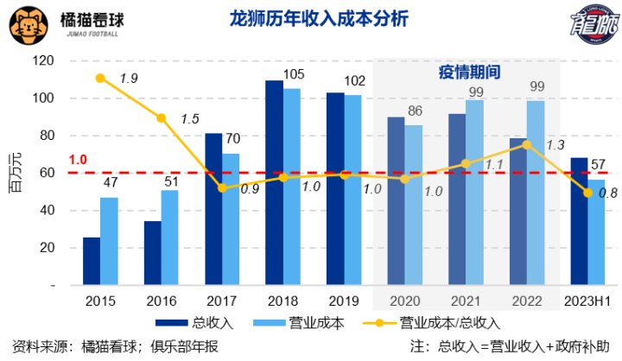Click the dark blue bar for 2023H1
point(579,221)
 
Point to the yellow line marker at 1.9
point(100,79)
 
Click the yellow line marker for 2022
point(527,145)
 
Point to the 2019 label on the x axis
point(344,301)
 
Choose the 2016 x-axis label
point(161,301)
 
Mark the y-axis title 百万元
point(15,173)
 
